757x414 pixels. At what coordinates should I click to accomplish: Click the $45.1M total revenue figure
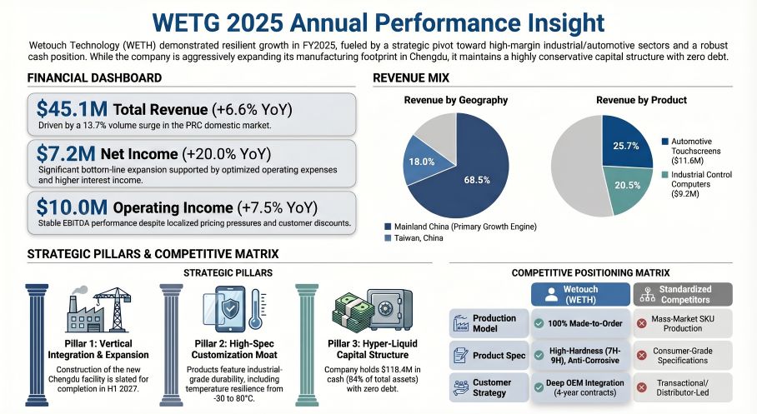pos(71,109)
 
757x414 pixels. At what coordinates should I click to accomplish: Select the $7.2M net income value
pos(65,153)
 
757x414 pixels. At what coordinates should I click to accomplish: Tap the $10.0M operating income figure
pos(71,207)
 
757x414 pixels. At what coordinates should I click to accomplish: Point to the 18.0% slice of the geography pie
pos(420,162)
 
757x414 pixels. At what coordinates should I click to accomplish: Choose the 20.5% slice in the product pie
pos(626,185)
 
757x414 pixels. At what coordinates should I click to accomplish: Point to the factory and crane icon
pos(99,309)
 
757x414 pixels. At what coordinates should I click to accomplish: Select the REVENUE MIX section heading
pos(411,78)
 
